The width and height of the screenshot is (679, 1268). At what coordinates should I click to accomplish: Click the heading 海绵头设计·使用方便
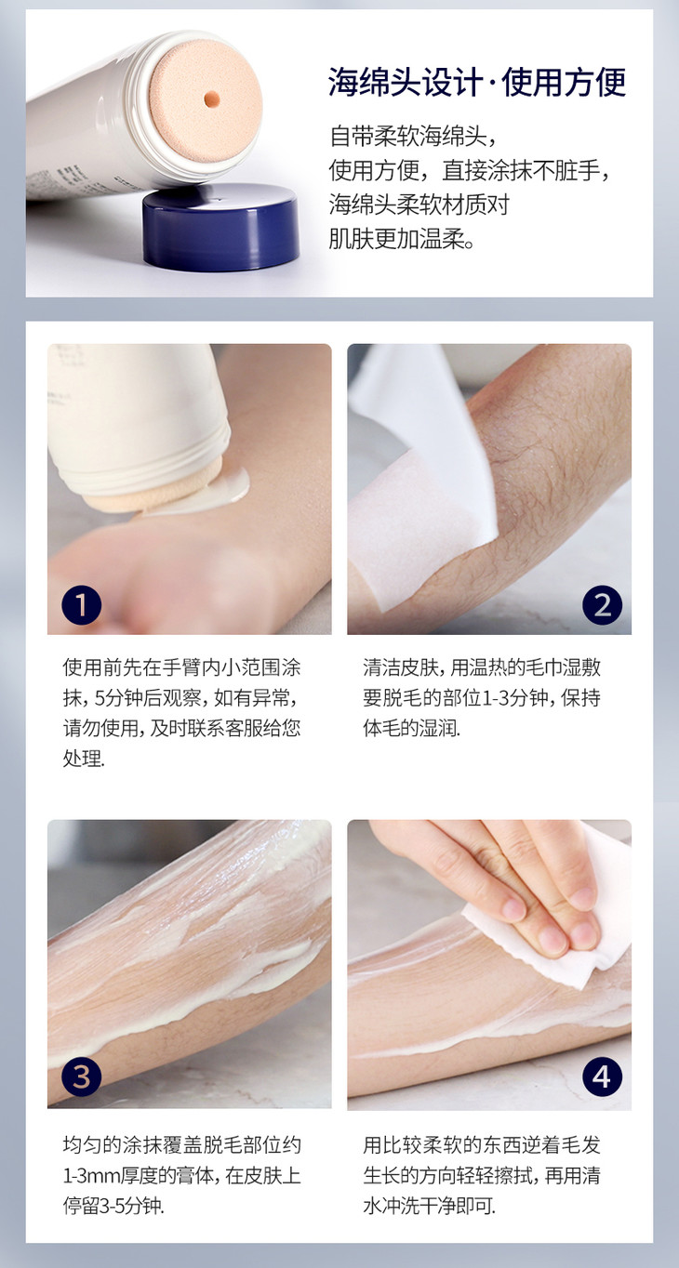click(477, 83)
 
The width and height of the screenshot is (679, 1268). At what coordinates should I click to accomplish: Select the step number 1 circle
click(81, 604)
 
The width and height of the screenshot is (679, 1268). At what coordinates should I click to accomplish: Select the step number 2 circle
click(602, 604)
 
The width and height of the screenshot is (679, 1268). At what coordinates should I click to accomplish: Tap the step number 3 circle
click(81, 1076)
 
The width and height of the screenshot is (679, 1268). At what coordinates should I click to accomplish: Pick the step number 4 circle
click(602, 1076)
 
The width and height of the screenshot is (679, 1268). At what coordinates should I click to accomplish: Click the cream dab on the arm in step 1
click(230, 485)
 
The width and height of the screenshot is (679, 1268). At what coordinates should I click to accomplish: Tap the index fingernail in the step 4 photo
click(513, 909)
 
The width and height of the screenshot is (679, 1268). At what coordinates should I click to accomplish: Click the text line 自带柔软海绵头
click(413, 137)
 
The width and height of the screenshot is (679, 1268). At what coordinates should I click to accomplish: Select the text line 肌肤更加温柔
click(402, 239)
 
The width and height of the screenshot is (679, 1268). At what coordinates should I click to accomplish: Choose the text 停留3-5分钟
click(113, 1205)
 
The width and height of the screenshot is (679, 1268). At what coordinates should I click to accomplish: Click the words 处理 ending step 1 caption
click(83, 758)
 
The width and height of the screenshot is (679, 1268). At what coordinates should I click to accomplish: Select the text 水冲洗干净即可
click(430, 1205)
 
